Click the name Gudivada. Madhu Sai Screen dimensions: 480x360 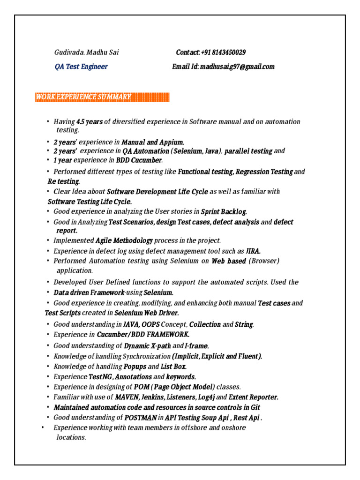[86, 52]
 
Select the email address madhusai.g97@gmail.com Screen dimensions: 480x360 [237, 67]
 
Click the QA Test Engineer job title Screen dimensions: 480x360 [81, 67]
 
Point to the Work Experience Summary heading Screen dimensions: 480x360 [83, 97]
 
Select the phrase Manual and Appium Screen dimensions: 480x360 [153, 142]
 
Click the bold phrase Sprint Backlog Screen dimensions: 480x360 [224, 211]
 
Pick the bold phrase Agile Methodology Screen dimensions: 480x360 [124, 240]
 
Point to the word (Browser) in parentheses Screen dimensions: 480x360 [264, 261]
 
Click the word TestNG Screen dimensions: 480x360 [101, 377]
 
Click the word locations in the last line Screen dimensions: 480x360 [70, 437]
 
